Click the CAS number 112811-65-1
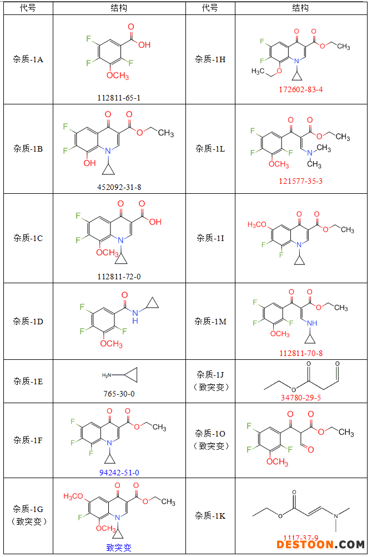coord(119,98)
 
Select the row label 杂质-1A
coord(28,59)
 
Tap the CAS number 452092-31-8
coord(119,187)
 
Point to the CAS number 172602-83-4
coord(300,89)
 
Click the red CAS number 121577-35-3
coord(300,181)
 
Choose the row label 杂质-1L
coord(210,148)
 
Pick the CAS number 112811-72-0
coord(119,276)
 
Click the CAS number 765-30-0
coord(119,393)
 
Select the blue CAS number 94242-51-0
coord(119,473)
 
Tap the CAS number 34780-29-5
coord(300,398)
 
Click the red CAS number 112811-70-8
coord(300,353)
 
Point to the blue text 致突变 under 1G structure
coord(119,548)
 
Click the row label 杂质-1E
coord(28,381)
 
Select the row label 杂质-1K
coord(210,515)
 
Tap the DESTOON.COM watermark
coord(321,545)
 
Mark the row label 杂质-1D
coord(28,321)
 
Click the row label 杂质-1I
coord(210,238)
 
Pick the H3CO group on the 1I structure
coord(258,224)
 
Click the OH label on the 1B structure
coord(89,163)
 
